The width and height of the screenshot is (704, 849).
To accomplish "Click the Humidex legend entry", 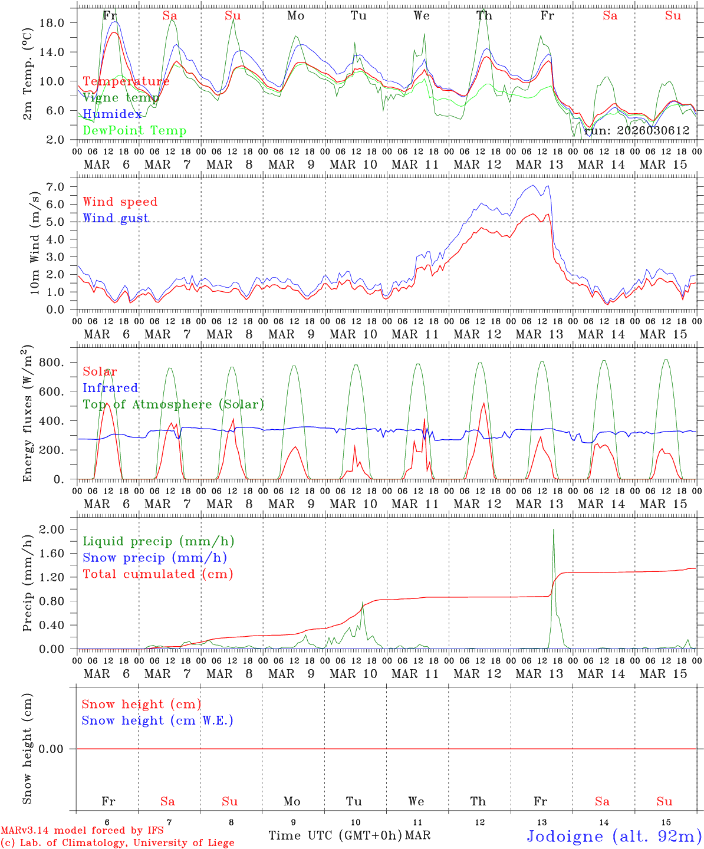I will coord(112,114).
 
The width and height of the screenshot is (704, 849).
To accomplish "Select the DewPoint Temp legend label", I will coord(134,131).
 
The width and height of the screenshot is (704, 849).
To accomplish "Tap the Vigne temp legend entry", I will coord(121,98).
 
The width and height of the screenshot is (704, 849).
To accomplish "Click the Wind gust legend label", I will coord(116,218).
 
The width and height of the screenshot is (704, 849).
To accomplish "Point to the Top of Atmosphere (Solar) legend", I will coord(173,404).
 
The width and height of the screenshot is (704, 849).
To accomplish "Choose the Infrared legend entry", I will coord(110,388).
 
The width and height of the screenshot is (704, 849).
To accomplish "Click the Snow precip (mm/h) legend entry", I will coord(154,558).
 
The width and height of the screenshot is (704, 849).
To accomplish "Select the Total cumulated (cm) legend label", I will coord(158,574).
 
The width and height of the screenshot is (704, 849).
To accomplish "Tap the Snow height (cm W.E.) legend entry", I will coord(157,720).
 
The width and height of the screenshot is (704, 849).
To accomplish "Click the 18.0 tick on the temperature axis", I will coord(59,23).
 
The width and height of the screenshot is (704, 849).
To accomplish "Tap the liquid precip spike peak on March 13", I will coord(553,529).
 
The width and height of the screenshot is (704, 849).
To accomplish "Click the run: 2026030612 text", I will coord(636,131).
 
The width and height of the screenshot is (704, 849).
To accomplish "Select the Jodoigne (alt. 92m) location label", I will coord(614,836).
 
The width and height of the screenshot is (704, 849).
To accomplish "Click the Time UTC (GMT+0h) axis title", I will coord(335,835).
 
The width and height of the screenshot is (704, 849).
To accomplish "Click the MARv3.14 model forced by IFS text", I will coord(82,831).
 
